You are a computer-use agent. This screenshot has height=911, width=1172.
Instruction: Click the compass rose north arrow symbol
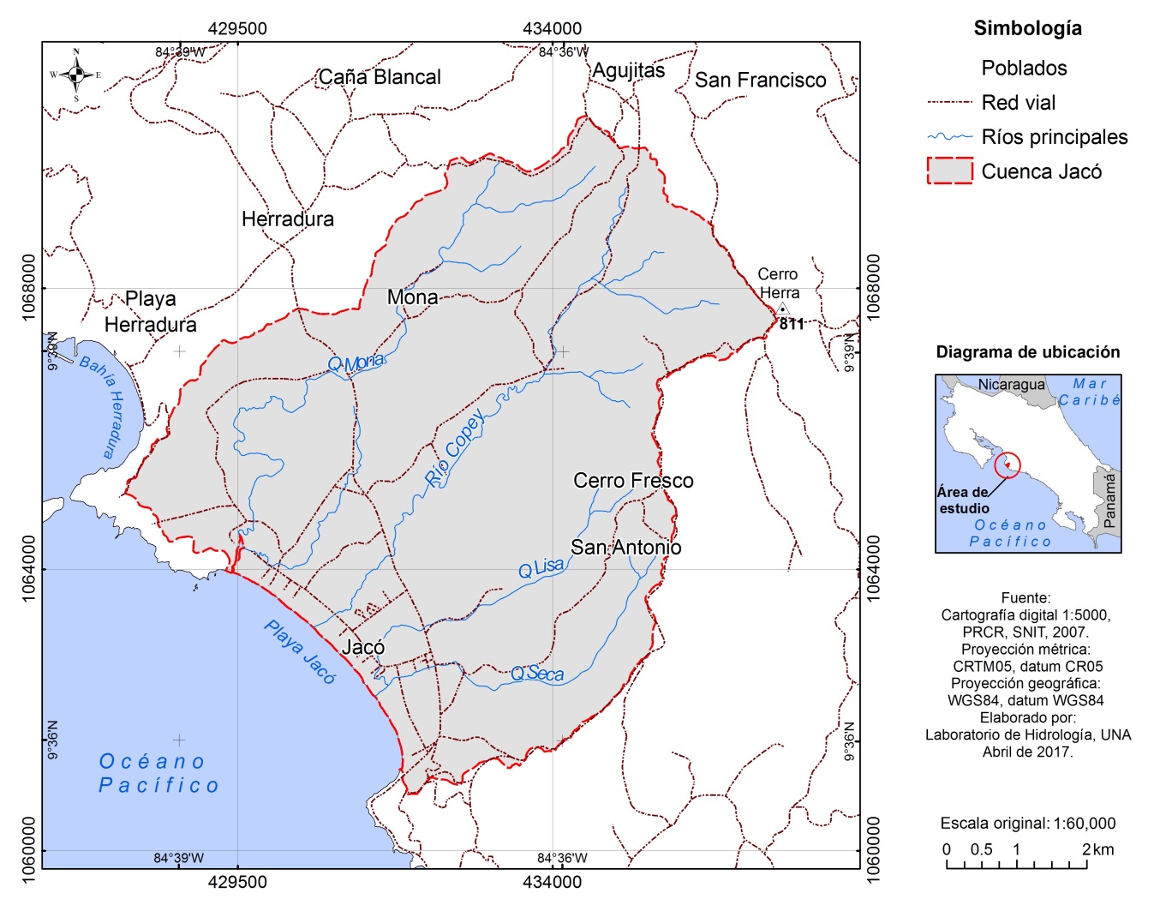[x=76, y=75]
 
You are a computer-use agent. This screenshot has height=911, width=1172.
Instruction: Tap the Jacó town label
[x=363, y=647]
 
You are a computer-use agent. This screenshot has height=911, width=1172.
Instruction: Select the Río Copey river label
[x=455, y=449]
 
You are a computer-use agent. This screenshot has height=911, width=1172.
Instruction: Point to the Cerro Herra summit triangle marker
[x=782, y=309]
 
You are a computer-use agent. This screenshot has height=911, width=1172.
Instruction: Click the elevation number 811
[x=792, y=324]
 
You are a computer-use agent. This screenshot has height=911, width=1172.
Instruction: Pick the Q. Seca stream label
[x=537, y=674]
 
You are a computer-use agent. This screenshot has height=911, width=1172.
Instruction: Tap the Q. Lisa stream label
[x=541, y=568]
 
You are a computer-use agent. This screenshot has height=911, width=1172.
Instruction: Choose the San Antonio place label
[x=625, y=547]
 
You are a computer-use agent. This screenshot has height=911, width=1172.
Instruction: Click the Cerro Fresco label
[x=633, y=481]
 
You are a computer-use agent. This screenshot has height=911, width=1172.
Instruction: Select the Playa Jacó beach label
[x=300, y=651]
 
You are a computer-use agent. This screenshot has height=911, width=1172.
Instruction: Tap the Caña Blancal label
[x=380, y=77]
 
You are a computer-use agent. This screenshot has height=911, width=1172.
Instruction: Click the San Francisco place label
[x=760, y=81]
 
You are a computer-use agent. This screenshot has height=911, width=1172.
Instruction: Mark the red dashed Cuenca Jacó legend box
[x=949, y=171]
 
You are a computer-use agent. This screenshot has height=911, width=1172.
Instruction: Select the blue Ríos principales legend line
[x=949, y=136]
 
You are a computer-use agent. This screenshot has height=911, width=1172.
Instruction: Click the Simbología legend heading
[x=1027, y=28]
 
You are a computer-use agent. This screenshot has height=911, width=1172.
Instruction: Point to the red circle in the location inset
[x=1008, y=465]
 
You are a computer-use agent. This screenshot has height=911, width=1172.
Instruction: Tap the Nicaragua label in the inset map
[x=1011, y=385]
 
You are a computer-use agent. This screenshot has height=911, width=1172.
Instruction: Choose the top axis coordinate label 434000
[x=552, y=28]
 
